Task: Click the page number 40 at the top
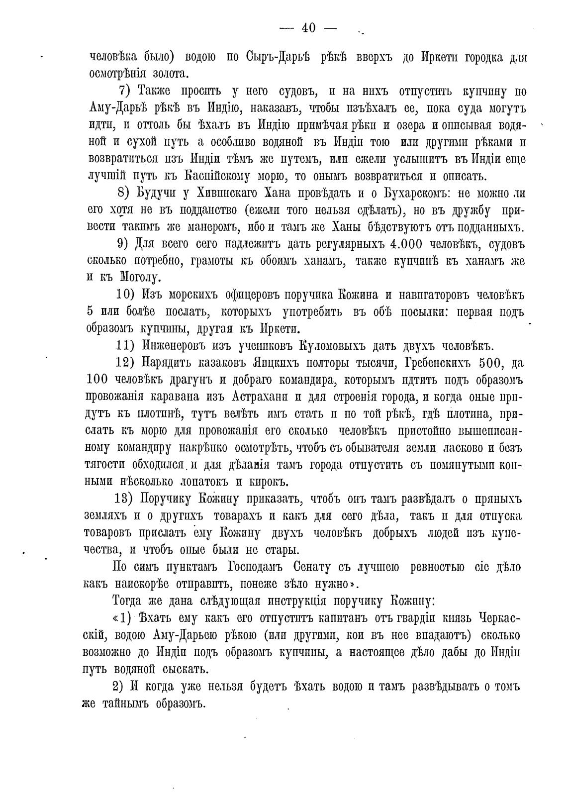point(308,28)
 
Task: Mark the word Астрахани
point(260,398)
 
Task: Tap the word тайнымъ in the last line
point(121,704)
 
